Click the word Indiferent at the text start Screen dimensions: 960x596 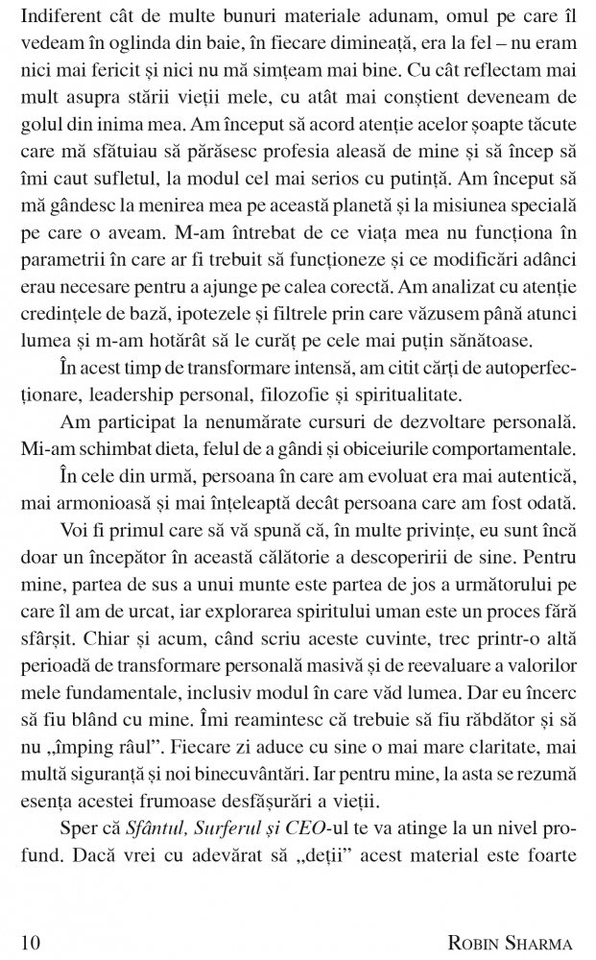coord(56,16)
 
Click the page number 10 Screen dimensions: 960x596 coord(30,940)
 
